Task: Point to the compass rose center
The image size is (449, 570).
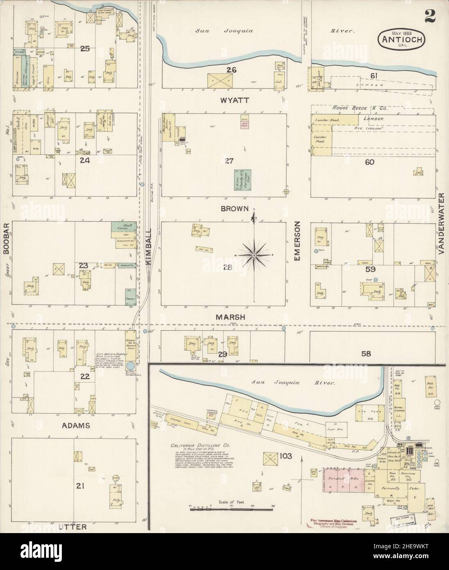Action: click(x=254, y=255)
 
